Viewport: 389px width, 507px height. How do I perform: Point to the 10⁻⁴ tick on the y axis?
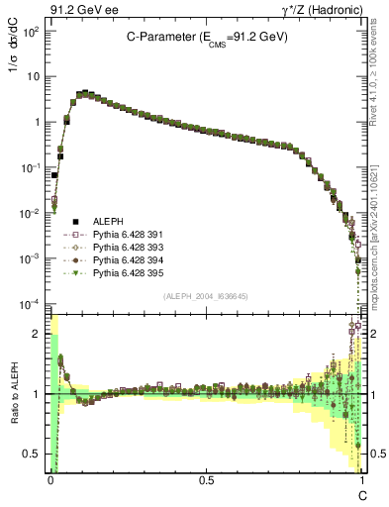pos(31,304)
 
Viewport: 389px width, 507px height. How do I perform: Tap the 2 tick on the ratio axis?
pos(38,335)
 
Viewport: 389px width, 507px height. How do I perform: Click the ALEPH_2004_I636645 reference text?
pos(206,296)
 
